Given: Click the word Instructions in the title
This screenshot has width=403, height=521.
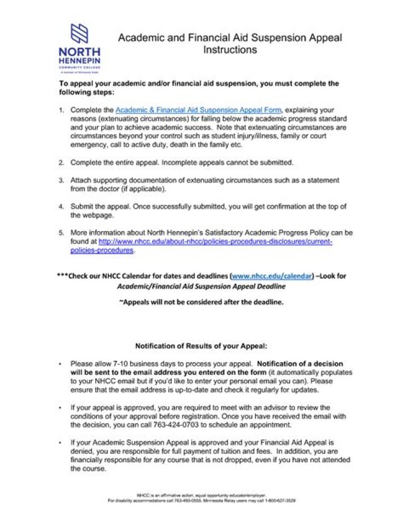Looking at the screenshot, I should coord(229,50).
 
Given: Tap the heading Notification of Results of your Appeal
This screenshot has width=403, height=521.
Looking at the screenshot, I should coord(201,345).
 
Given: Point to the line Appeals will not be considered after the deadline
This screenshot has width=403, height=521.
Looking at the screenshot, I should coord(201,302).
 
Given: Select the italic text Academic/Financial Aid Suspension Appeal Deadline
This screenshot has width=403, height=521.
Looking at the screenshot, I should coord(201,286).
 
